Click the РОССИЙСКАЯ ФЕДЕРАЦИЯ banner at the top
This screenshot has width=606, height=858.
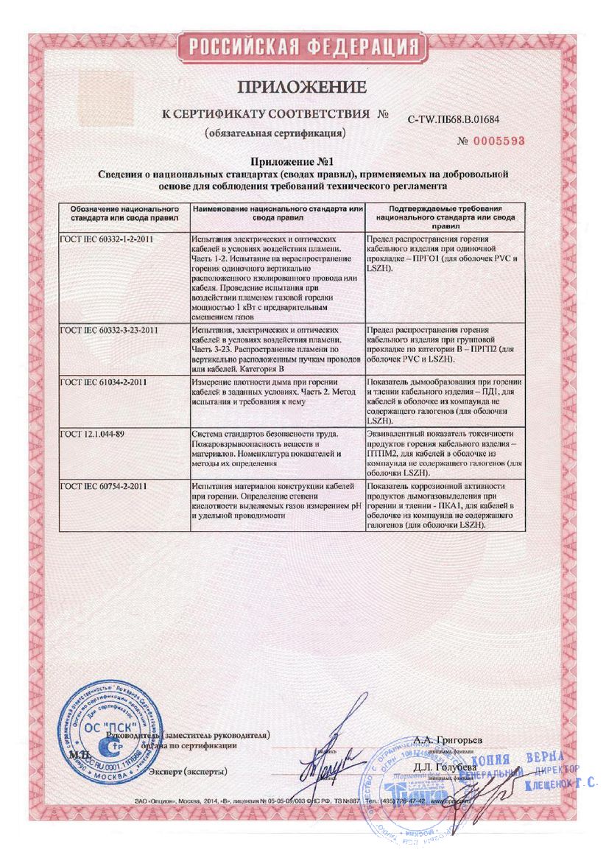303,48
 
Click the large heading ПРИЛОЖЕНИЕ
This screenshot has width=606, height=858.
303,88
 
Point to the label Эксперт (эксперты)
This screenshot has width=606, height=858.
188,771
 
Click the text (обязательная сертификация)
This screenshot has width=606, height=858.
275,134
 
